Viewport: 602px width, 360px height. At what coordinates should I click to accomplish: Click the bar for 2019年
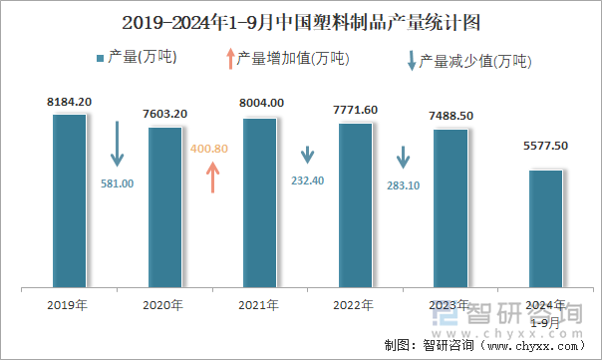point(69,200)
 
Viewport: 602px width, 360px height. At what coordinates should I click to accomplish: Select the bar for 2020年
point(164,207)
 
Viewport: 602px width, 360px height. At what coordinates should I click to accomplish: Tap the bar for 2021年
point(259,202)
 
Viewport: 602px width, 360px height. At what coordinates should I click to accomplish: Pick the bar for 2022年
point(355,205)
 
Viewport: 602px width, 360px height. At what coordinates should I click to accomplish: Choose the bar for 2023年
point(451,208)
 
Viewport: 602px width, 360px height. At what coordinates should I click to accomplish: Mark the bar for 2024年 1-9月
point(545,228)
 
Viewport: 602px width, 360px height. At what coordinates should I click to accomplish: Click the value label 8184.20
point(69,102)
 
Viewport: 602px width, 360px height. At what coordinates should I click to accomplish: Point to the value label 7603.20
point(164,114)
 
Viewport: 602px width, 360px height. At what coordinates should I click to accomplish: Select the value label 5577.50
point(545,146)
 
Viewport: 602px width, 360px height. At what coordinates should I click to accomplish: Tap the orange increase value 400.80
point(209,149)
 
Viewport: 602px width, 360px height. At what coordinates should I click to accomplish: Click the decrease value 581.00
point(117,183)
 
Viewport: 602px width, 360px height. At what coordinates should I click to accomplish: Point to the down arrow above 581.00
point(117,145)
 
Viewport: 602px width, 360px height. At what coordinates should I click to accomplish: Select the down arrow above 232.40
point(308,156)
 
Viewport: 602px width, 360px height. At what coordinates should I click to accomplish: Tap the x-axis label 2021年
point(259,304)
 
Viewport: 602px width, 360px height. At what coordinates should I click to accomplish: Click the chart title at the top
point(300,21)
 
